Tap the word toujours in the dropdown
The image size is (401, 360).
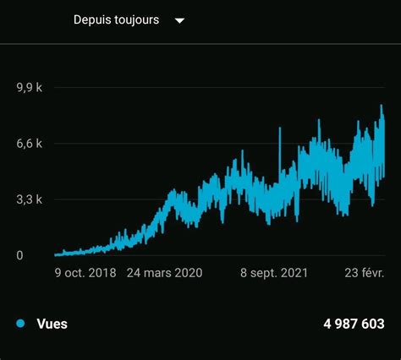tap(135, 19)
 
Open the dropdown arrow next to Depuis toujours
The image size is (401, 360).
tap(179, 20)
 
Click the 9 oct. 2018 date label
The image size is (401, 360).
tap(85, 273)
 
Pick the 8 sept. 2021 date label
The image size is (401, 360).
tap(273, 273)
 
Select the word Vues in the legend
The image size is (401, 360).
tap(53, 324)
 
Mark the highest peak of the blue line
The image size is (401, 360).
tap(382, 106)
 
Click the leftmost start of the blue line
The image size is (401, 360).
tap(55, 254)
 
